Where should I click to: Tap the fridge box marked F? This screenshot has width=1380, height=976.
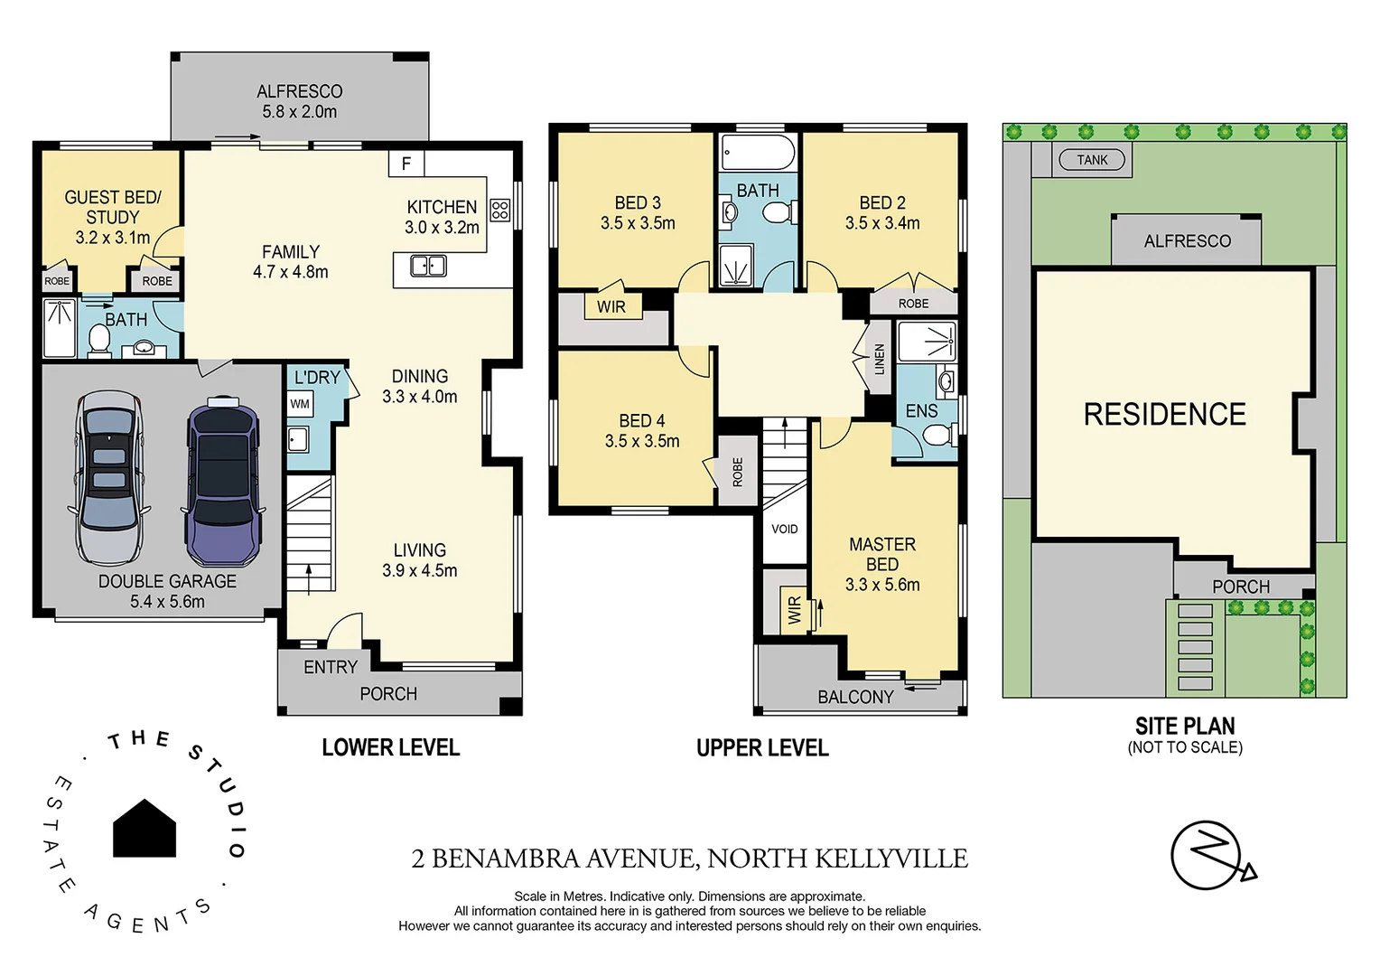[x=406, y=164]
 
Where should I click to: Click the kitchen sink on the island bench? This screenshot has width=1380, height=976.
[x=427, y=266]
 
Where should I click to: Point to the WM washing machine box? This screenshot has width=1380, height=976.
[x=300, y=404]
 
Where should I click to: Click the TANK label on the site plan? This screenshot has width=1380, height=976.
[x=1091, y=160]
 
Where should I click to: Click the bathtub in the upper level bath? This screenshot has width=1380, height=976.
[x=758, y=152]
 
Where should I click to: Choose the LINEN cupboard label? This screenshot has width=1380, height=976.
[x=880, y=360]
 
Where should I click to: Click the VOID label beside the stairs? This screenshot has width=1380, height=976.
[x=784, y=529]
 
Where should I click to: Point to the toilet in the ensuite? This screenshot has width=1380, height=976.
[x=940, y=436]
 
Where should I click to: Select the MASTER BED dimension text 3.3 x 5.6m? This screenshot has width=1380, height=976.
[x=882, y=585]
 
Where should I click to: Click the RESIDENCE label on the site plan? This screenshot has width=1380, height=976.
[x=1164, y=414]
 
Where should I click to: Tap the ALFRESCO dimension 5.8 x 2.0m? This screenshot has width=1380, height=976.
[x=299, y=112]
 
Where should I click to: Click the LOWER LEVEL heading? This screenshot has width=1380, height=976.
[x=390, y=747]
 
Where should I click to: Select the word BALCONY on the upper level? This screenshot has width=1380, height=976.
[x=855, y=697]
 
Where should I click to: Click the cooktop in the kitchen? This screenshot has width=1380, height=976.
[x=499, y=211]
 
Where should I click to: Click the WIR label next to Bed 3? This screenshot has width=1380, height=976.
[x=611, y=306]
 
